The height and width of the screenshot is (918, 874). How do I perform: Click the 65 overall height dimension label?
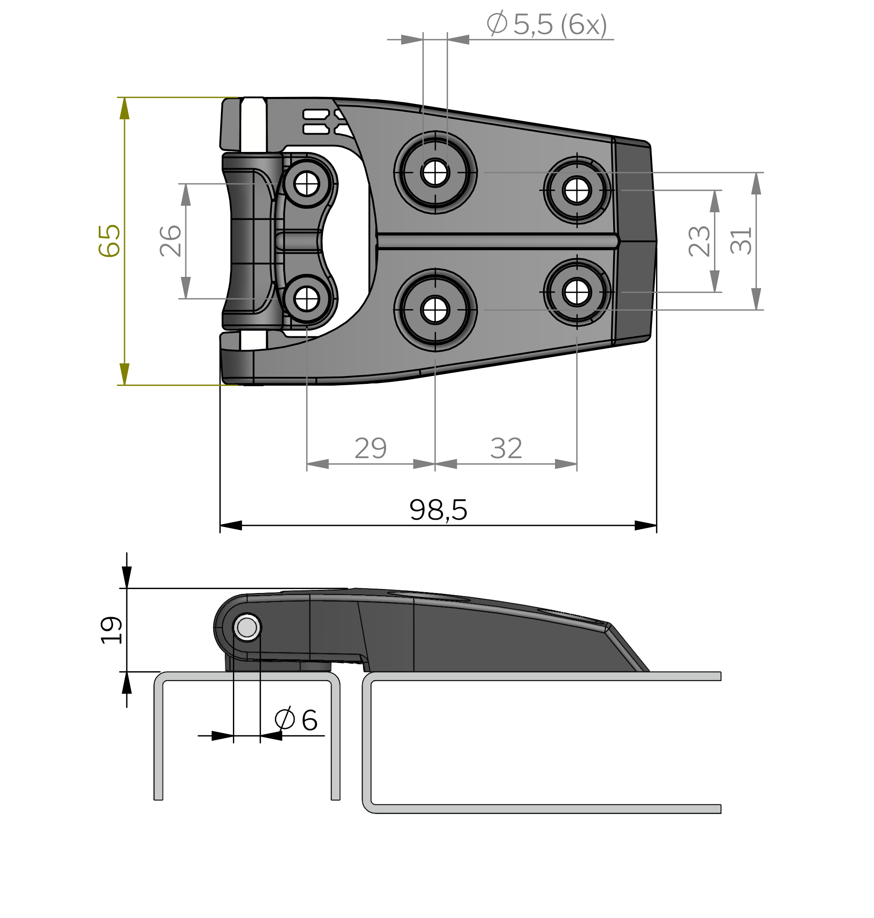[x=110, y=241]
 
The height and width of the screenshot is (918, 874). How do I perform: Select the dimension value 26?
[x=170, y=241]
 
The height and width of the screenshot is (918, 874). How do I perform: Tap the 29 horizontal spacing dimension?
[x=371, y=448]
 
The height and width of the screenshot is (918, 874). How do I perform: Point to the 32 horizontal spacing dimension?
[x=506, y=448]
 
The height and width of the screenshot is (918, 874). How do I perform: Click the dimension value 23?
[x=699, y=241]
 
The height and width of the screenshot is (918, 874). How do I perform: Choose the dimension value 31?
[x=741, y=241]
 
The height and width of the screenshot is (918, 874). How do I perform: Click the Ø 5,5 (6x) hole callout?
[x=547, y=24]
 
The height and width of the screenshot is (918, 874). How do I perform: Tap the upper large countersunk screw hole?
[x=435, y=173]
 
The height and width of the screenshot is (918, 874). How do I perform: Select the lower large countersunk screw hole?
[x=435, y=310]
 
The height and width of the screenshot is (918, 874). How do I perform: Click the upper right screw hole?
[x=577, y=190]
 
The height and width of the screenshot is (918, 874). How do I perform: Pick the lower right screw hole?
[x=577, y=292]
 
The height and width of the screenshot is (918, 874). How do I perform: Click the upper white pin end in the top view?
[x=253, y=126]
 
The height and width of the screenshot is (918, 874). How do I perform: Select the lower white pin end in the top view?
[x=253, y=340]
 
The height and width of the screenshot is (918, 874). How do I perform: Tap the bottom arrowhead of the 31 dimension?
[x=756, y=299]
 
